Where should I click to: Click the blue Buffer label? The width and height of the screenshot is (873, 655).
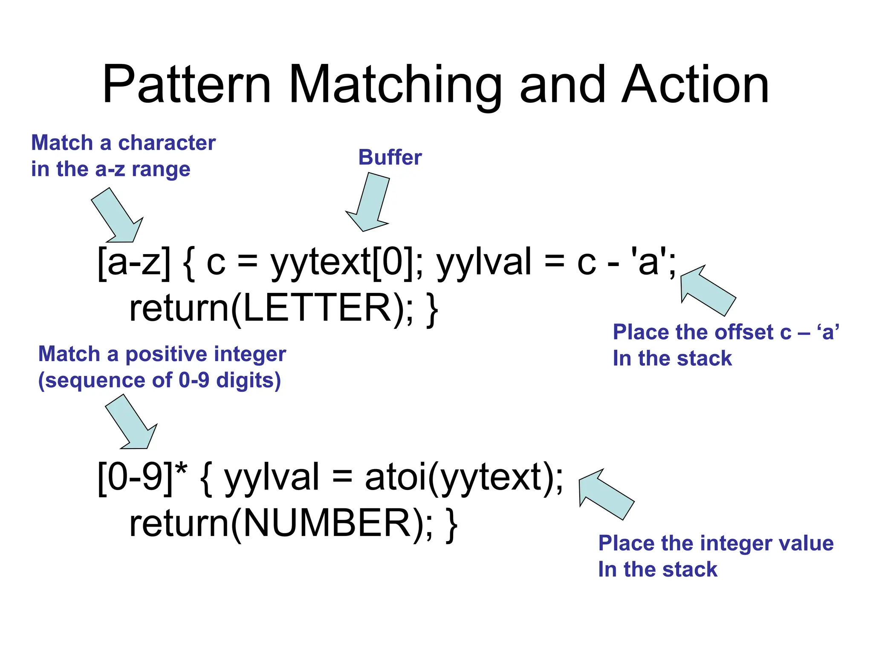(x=390, y=157)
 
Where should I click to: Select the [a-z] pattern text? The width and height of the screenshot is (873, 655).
(x=134, y=262)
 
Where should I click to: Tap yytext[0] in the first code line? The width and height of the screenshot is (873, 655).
(x=341, y=262)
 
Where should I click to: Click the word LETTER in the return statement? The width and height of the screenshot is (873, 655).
(x=317, y=308)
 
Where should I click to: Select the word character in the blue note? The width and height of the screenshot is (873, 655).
(x=167, y=143)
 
